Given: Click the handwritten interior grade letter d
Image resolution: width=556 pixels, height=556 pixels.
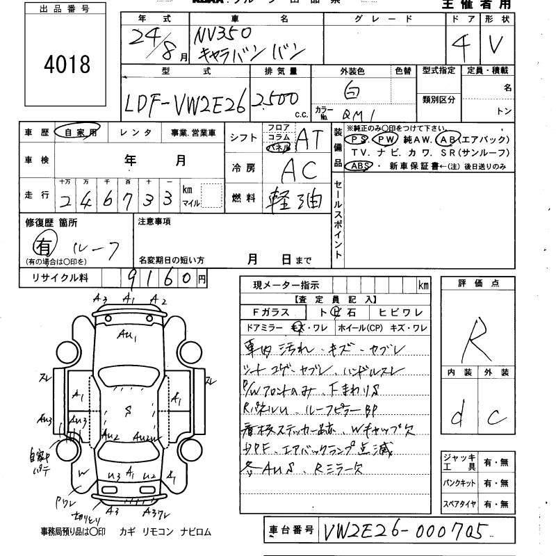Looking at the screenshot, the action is point(459,416).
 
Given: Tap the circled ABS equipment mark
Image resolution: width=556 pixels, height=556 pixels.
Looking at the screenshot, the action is point(359,165).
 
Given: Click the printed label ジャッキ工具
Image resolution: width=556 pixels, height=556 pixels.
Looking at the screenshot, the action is point(457,462).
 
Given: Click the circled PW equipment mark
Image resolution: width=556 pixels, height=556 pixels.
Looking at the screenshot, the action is point(388,139).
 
